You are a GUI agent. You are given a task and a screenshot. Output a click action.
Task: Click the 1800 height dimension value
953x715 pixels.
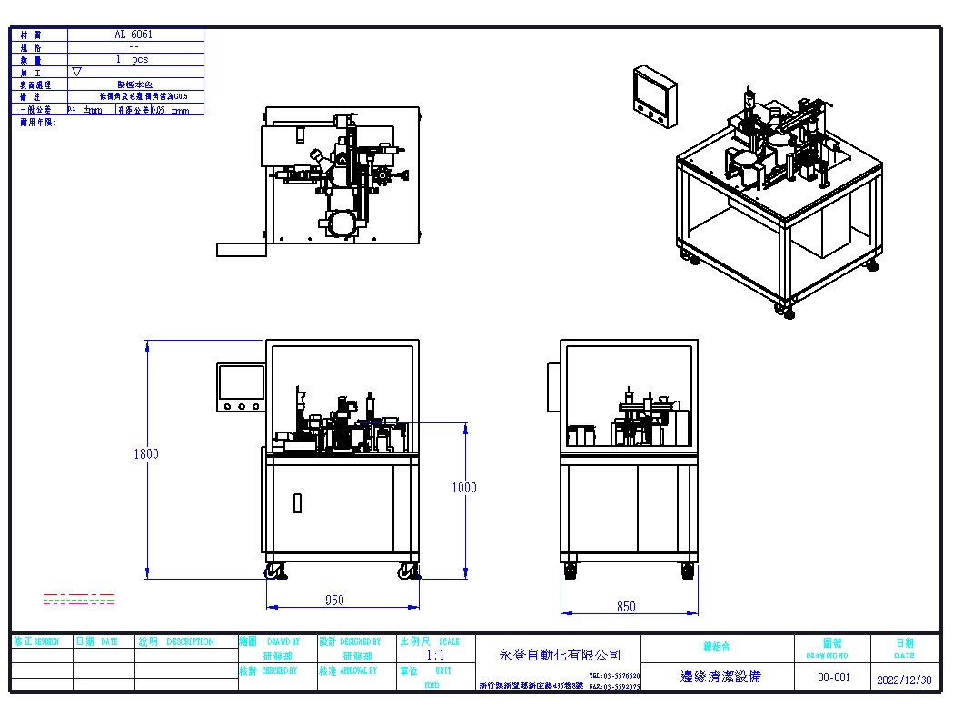point(145,454)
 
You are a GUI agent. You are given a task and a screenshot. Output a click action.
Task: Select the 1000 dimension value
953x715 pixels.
point(463,488)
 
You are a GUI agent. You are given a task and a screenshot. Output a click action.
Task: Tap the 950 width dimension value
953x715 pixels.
point(334,601)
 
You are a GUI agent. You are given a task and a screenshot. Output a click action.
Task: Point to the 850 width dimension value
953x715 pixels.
point(626,607)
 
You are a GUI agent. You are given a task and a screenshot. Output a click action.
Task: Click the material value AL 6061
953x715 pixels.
point(134,35)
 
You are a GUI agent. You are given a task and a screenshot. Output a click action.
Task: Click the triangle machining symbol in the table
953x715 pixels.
point(76,71)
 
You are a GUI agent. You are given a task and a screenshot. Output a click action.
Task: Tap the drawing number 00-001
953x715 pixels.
point(833,677)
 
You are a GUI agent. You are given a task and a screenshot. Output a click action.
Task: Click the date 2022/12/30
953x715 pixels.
point(904,679)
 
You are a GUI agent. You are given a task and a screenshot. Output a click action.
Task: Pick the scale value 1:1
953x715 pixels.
point(435,655)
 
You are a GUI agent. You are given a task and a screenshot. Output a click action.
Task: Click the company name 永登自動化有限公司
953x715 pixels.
point(560,654)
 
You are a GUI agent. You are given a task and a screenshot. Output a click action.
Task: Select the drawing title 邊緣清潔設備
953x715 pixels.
point(720,677)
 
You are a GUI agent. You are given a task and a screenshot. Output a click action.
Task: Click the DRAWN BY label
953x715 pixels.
point(283,641)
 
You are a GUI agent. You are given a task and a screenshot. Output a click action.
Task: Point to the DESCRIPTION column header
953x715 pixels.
point(190,641)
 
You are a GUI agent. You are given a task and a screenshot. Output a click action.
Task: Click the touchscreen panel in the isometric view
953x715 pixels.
point(654,95)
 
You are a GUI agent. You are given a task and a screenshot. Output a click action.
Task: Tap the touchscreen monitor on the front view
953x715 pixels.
point(241,387)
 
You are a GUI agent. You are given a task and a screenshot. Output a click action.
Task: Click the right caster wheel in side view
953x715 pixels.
point(689,571)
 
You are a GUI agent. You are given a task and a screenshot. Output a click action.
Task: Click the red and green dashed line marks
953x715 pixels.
point(79,598)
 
